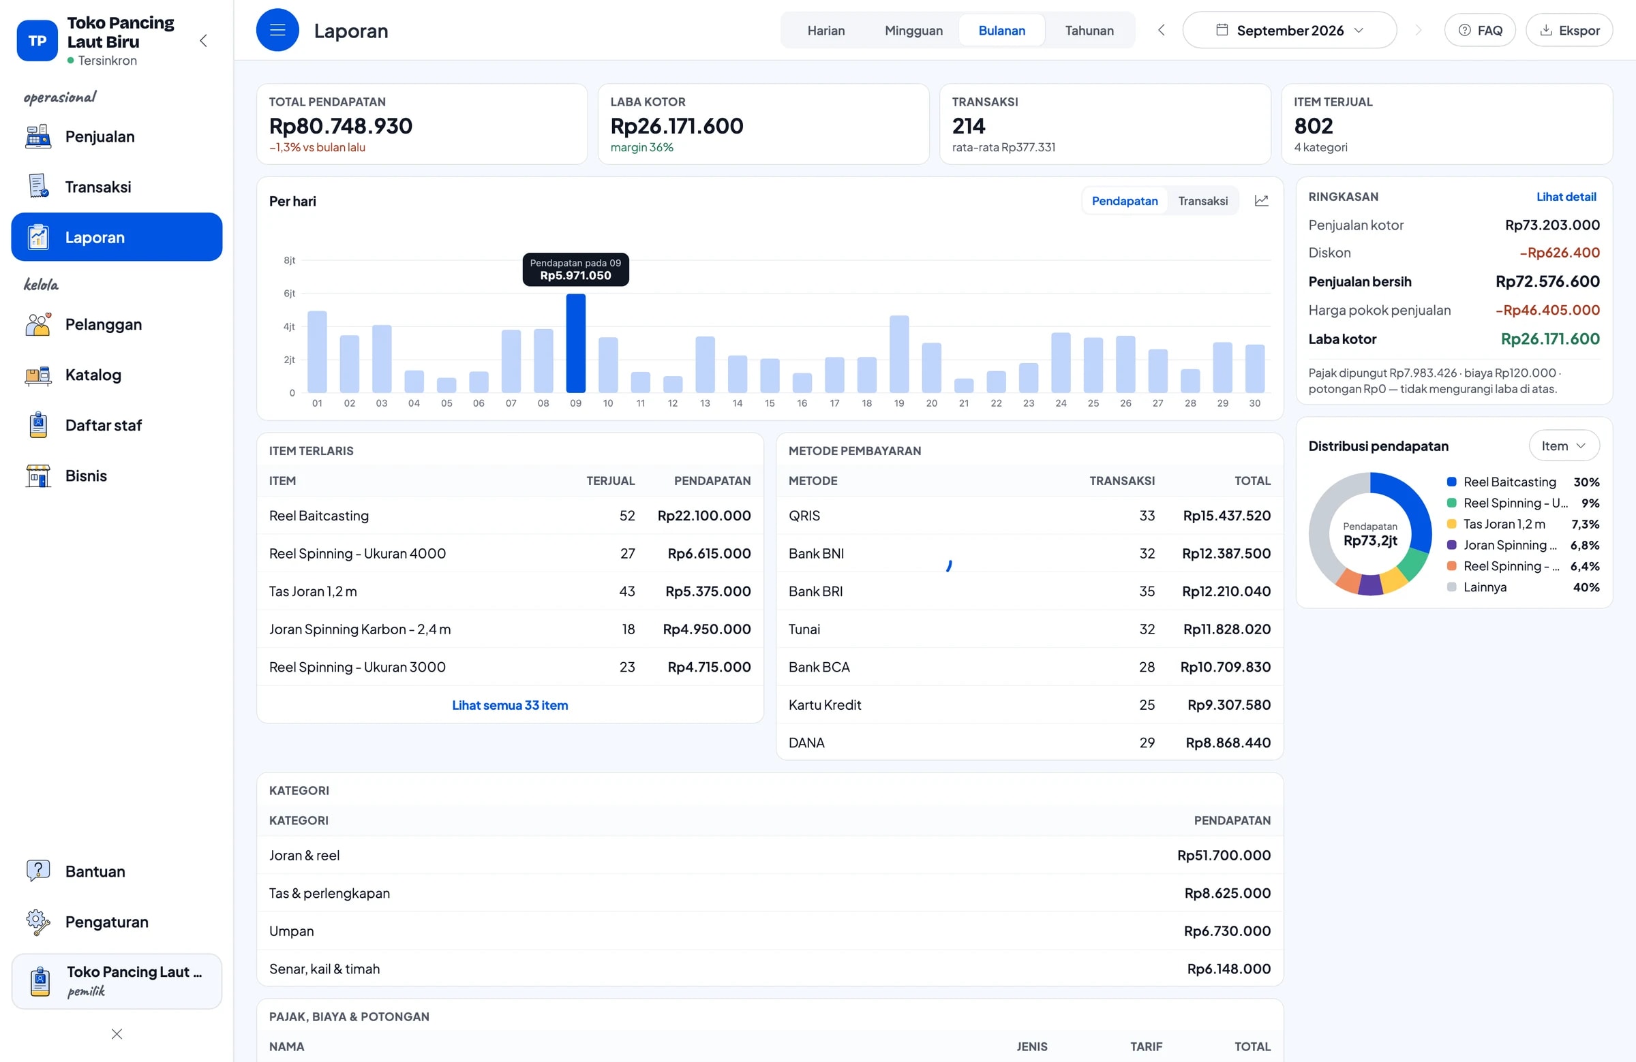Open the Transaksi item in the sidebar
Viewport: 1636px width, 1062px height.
tap(98, 187)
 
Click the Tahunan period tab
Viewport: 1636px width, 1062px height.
tap(1089, 30)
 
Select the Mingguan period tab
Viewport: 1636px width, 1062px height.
tap(913, 30)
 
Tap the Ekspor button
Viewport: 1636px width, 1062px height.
tap(1569, 30)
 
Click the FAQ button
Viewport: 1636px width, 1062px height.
tap(1480, 30)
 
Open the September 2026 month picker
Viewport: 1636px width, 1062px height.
tap(1290, 30)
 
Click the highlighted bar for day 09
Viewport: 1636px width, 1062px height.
tap(575, 343)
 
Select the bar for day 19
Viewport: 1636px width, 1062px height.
tap(899, 354)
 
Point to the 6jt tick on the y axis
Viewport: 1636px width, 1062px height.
tap(290, 294)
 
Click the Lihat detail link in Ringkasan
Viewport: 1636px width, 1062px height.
tap(1566, 196)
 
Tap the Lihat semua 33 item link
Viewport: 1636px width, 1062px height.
tap(510, 705)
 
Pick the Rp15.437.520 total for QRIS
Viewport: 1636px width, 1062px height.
tap(1226, 515)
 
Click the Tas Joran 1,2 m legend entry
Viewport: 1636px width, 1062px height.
tap(1504, 523)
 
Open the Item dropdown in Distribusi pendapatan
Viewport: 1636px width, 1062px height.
tap(1564, 446)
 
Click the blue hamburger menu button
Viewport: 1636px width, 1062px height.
tap(277, 30)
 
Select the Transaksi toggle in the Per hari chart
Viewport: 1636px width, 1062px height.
tap(1203, 200)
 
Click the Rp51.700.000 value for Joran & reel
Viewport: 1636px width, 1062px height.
tap(1224, 855)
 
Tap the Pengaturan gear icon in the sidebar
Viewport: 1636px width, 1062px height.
tap(37, 922)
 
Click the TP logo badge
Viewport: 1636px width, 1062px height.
tap(37, 40)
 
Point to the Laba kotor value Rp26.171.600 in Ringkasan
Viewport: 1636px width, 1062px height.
tap(1550, 339)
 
